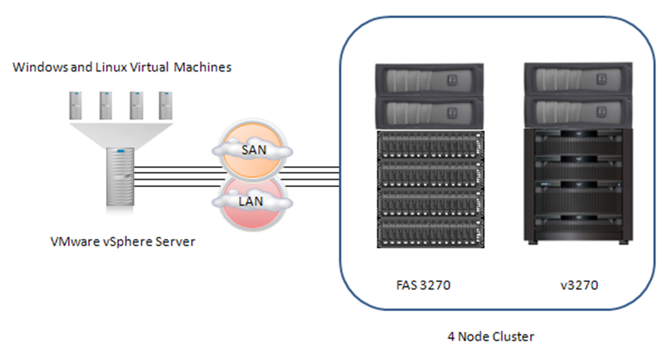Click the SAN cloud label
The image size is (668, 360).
point(251,152)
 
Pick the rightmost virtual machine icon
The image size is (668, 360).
point(165,104)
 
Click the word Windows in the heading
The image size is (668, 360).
point(37,68)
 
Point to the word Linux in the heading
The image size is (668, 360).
point(100,68)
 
